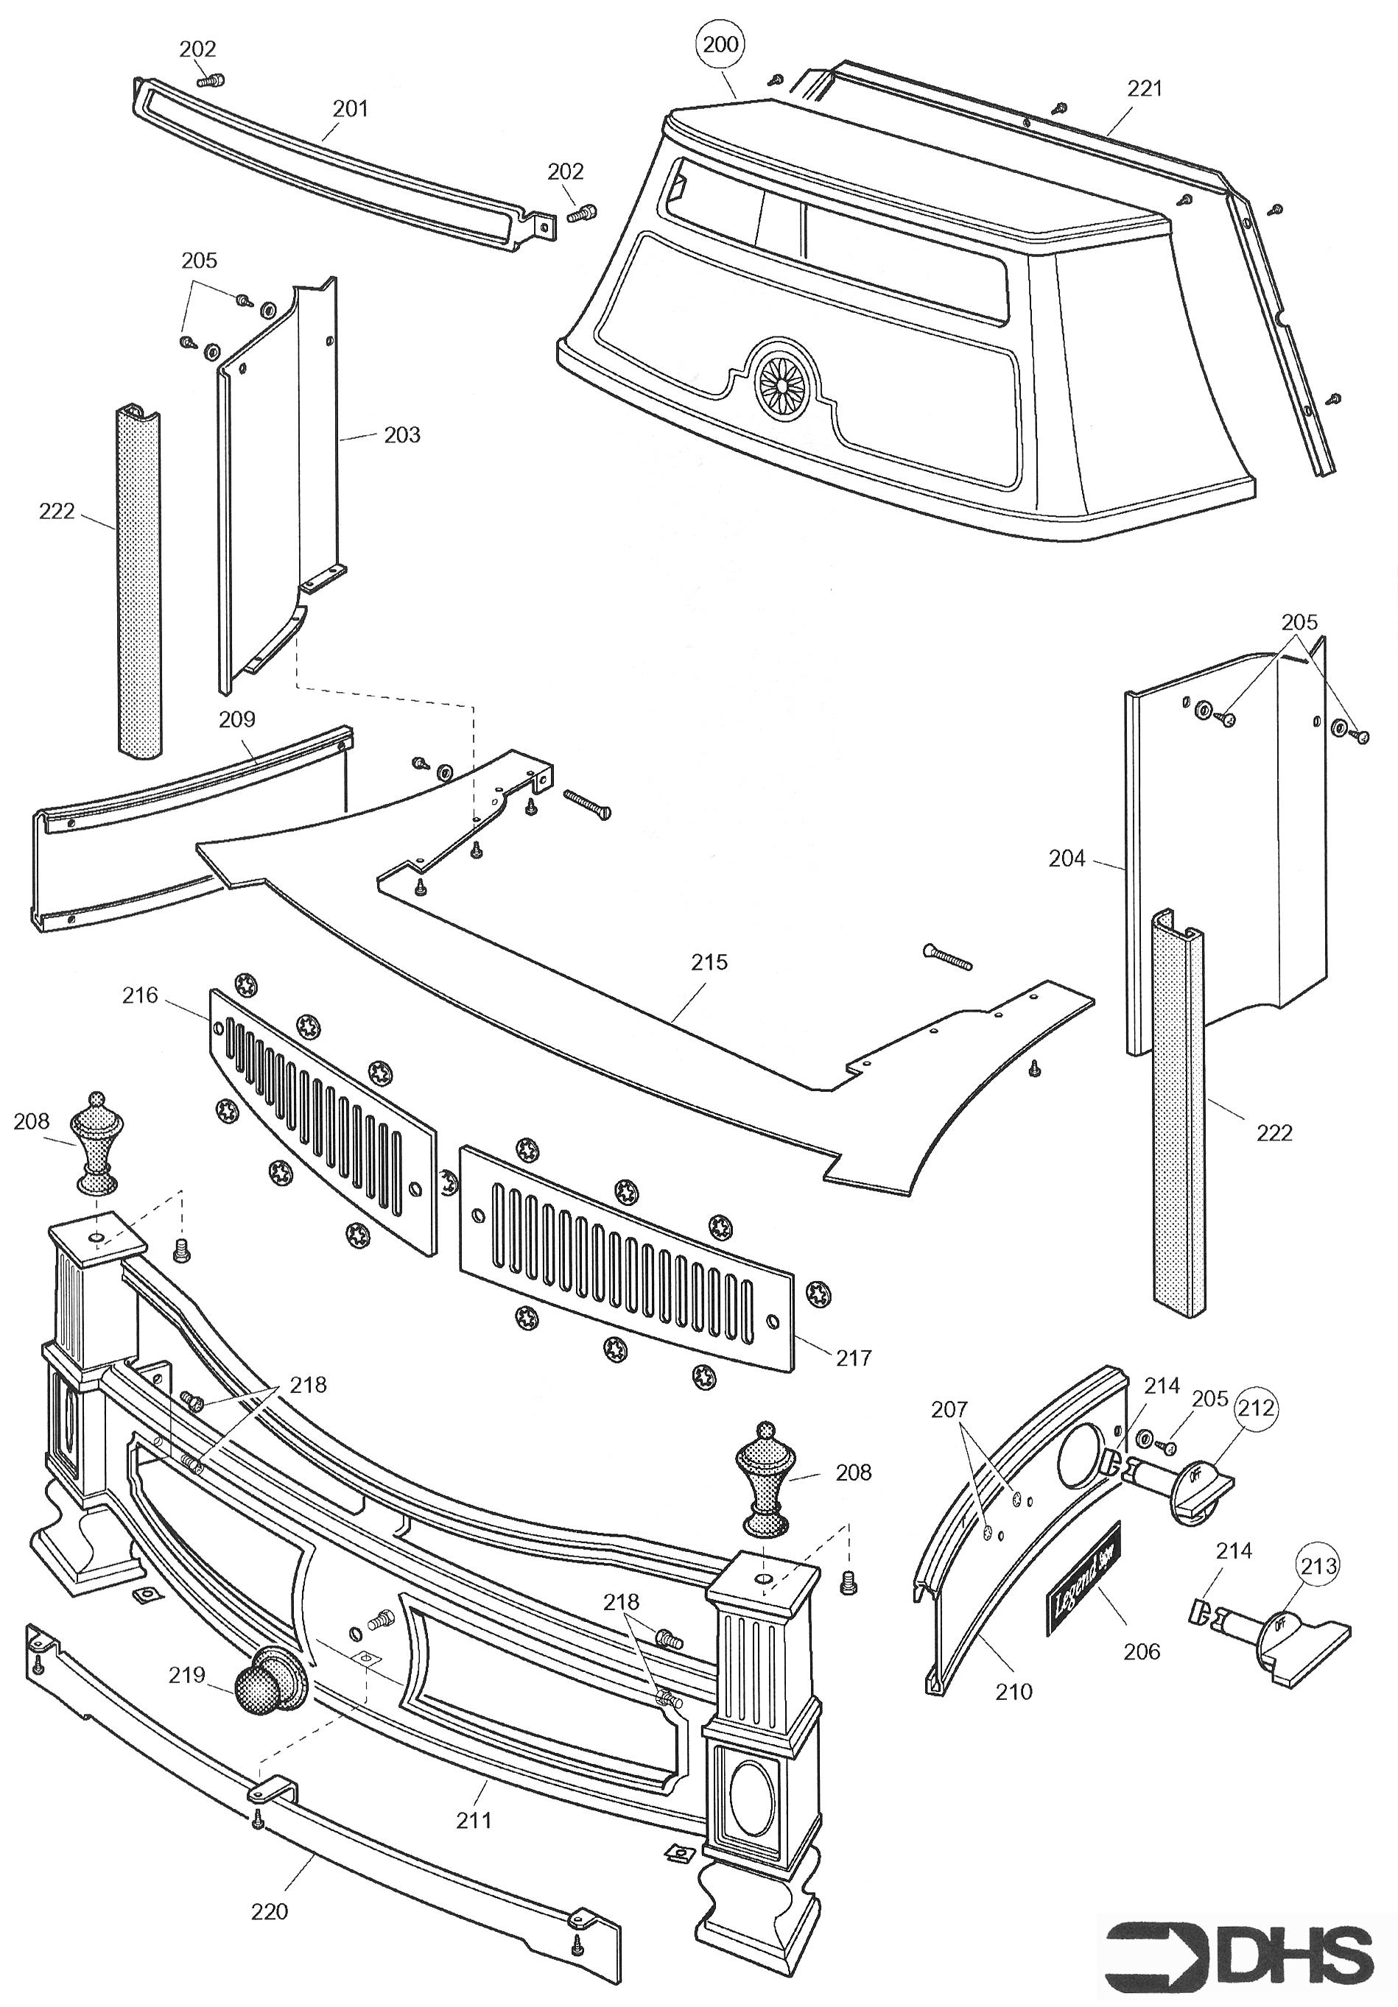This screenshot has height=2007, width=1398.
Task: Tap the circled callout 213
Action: (1318, 1565)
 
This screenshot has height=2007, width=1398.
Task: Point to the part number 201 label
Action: (351, 109)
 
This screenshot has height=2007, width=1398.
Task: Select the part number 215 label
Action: (709, 962)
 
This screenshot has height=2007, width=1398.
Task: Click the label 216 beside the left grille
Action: (140, 995)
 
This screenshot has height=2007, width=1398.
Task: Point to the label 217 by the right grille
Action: (854, 1358)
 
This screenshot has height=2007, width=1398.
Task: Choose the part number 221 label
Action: (1145, 88)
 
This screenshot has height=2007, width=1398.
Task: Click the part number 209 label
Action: (237, 719)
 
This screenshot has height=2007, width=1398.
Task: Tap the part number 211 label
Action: (473, 1820)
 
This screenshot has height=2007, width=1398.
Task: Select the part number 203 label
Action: (402, 434)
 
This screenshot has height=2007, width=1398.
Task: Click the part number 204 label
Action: (1067, 858)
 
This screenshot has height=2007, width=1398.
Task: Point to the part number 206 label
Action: (1142, 1651)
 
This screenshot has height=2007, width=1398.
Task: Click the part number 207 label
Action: (949, 1409)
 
